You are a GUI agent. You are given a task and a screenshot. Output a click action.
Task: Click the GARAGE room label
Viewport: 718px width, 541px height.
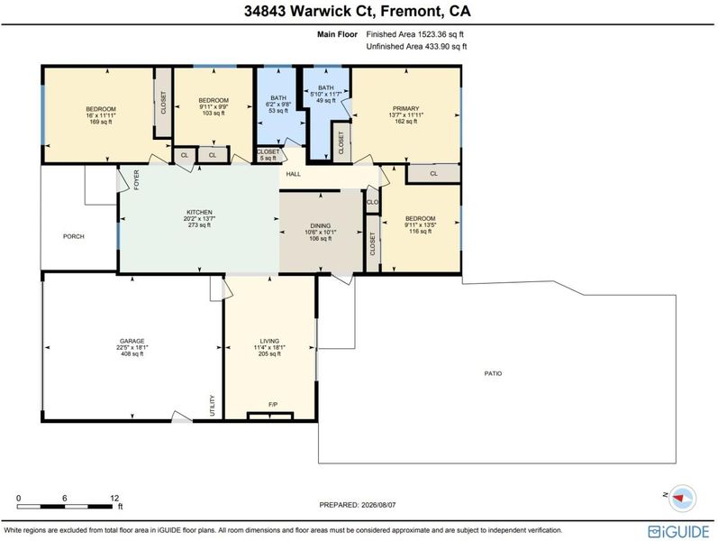click(x=132, y=341)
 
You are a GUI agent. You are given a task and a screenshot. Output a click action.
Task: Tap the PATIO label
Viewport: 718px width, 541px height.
click(x=493, y=373)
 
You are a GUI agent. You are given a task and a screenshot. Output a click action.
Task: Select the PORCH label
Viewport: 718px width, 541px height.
click(x=74, y=236)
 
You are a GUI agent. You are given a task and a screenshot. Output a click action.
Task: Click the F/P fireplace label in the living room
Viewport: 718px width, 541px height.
click(x=273, y=404)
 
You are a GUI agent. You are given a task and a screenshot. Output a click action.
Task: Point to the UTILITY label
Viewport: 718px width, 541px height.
click(x=213, y=406)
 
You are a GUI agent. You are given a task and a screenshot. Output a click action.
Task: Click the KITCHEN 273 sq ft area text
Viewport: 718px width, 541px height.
click(x=199, y=225)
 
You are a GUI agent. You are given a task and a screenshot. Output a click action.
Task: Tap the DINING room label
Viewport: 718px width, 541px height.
click(x=321, y=225)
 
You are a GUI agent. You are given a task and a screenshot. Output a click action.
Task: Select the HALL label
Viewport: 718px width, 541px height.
click(x=294, y=174)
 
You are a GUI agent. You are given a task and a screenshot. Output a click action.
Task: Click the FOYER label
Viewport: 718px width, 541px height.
click(x=136, y=179)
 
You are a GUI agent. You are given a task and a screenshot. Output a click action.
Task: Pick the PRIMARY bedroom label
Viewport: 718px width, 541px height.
click(x=405, y=109)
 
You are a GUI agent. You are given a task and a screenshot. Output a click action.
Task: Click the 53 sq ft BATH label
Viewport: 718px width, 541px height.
click(x=278, y=97)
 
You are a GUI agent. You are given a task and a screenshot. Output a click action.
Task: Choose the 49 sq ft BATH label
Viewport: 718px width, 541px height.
click(x=326, y=87)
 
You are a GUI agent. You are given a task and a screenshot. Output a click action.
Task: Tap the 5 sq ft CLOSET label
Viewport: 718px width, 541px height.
click(x=268, y=151)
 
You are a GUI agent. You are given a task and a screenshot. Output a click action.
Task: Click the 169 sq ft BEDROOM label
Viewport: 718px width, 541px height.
click(x=101, y=109)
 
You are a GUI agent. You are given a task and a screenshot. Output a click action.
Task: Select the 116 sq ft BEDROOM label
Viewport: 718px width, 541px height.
click(x=421, y=219)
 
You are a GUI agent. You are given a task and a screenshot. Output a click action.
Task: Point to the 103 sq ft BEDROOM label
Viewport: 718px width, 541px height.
click(x=214, y=100)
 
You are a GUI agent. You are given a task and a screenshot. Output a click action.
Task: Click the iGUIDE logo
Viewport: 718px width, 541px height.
click(x=678, y=531)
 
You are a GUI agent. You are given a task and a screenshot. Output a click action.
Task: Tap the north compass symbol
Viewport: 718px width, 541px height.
click(x=682, y=498)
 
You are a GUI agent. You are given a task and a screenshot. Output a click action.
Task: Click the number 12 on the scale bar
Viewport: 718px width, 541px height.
click(x=114, y=498)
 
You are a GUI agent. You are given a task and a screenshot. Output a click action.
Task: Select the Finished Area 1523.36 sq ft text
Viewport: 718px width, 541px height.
click(x=415, y=34)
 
